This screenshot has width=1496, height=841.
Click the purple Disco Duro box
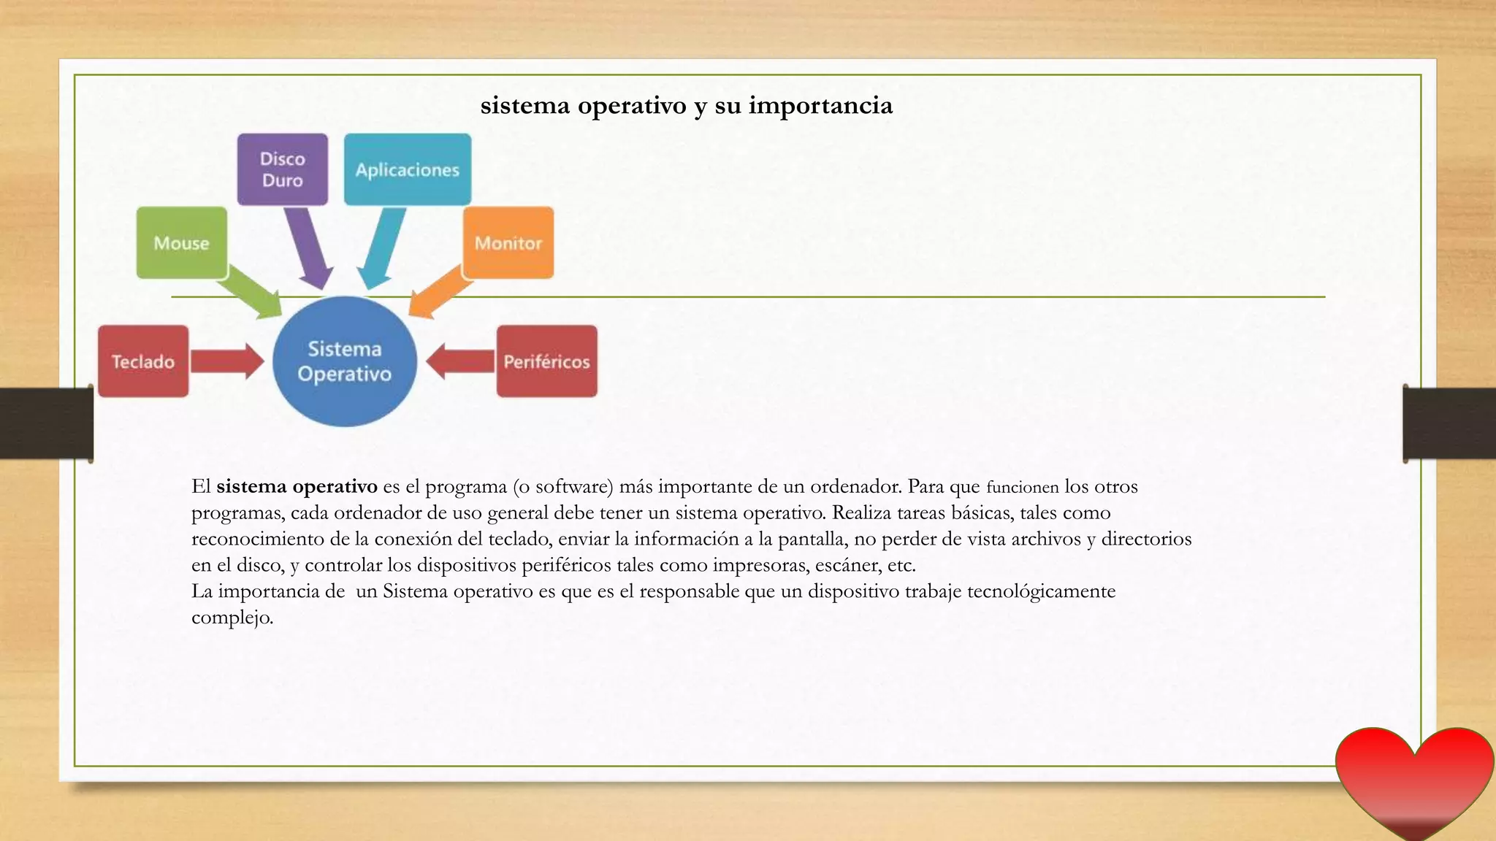283,169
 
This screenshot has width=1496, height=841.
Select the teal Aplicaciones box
408,169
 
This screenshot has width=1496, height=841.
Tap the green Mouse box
182,242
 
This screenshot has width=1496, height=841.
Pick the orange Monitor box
508,242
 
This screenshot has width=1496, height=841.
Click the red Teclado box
143,361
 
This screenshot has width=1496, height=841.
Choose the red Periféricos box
546,361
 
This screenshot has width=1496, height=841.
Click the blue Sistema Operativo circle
345,362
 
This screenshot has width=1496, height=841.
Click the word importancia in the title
820,105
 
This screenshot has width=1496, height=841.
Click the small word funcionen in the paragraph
1022,487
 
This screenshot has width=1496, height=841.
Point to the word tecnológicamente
1041,591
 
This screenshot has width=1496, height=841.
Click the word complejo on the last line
232,618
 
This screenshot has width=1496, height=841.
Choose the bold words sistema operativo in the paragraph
297,486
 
